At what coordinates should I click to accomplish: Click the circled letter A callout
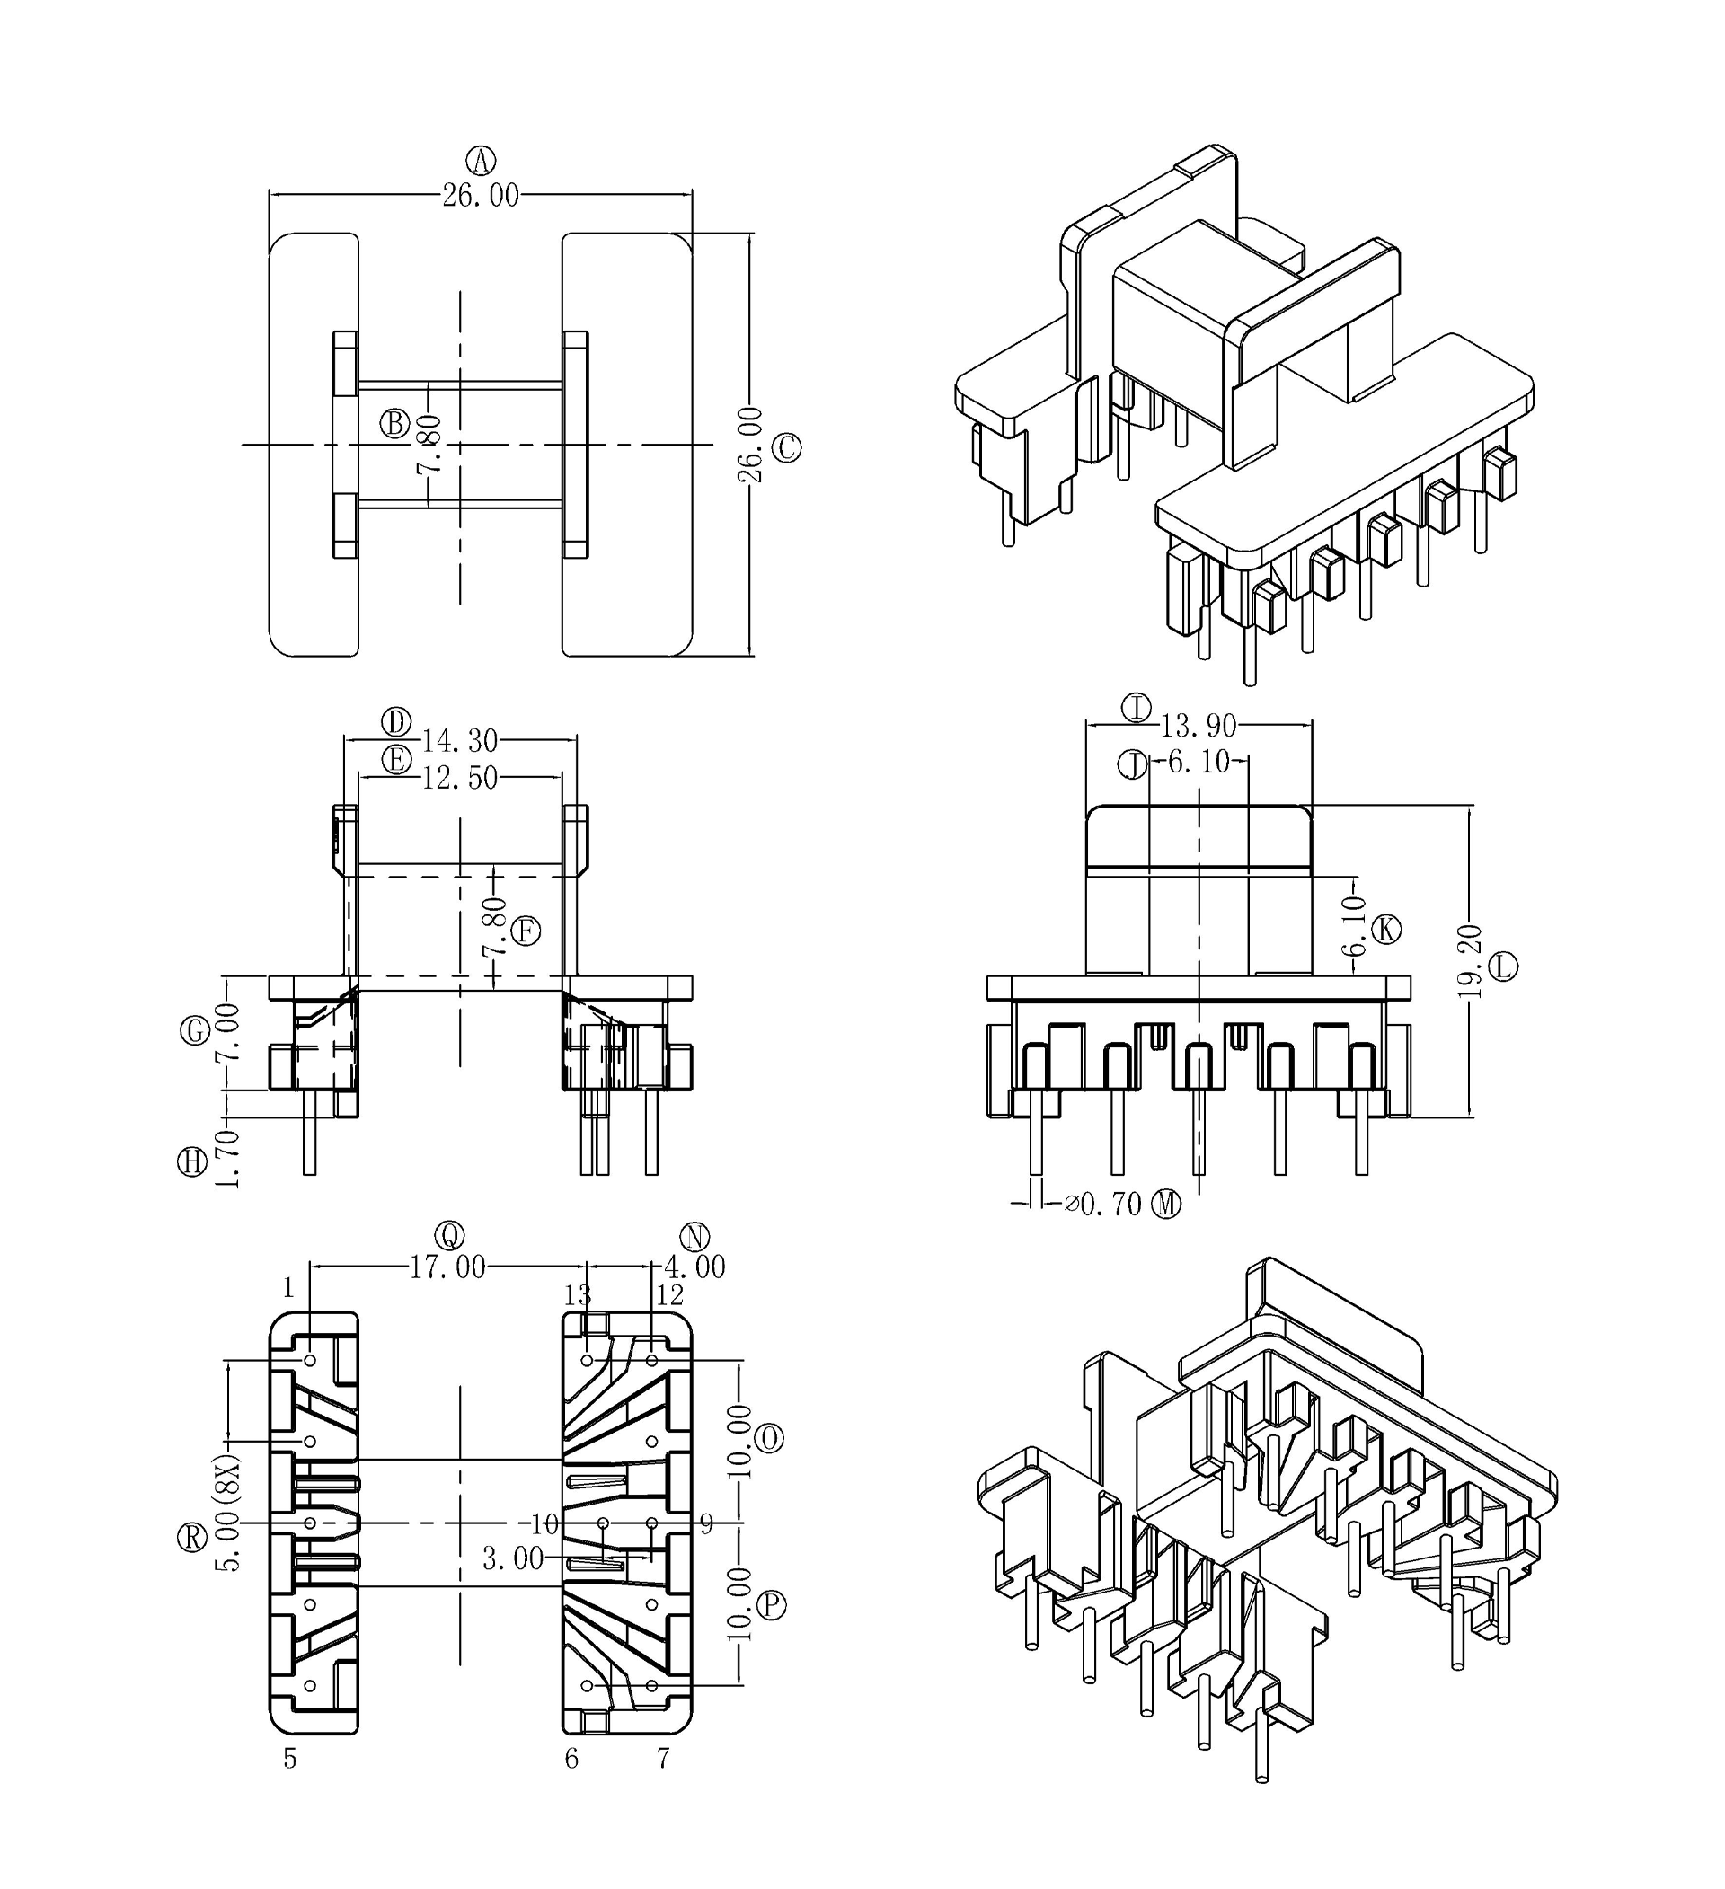[x=482, y=161]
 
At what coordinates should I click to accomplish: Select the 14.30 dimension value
[x=459, y=741]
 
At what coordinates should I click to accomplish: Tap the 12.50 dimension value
[x=459, y=778]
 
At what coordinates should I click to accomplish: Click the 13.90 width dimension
[x=1199, y=725]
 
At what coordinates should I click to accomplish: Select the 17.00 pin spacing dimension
[x=448, y=1267]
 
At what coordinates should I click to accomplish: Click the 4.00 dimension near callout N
[x=694, y=1267]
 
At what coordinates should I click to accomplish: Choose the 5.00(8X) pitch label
[x=228, y=1513]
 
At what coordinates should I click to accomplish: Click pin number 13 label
[x=577, y=1295]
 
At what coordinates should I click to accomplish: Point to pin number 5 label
[x=290, y=1759]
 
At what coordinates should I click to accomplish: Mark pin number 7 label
[x=662, y=1759]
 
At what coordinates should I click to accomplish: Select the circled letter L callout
[x=1503, y=966]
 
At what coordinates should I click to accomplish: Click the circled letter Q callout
[x=450, y=1236]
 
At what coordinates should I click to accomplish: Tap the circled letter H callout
[x=192, y=1162]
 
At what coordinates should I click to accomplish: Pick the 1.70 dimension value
[x=227, y=1159]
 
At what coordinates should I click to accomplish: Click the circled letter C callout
[x=786, y=448]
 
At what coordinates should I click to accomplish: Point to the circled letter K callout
[x=1385, y=930]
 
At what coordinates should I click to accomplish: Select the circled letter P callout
[x=770, y=1606]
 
